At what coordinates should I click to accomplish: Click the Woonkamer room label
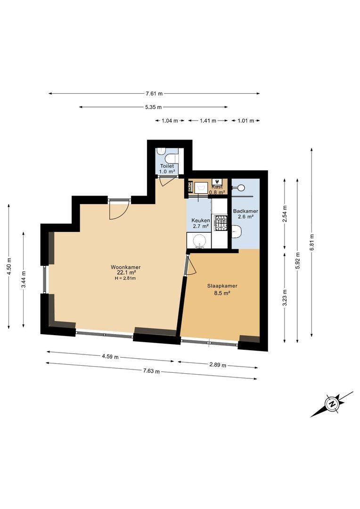[x=126, y=267]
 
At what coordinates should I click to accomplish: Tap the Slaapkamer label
[x=222, y=286]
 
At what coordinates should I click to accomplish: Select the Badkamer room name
[x=245, y=211]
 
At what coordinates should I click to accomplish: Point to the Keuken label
[x=201, y=221]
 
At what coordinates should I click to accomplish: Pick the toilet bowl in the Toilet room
[x=162, y=153]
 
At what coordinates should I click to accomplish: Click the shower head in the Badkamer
[x=241, y=188]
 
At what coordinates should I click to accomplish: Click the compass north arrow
[x=332, y=404]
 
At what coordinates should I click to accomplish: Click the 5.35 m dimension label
[x=154, y=107]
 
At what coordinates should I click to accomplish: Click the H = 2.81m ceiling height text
[x=125, y=278]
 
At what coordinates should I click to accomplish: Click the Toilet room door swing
[x=164, y=182]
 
